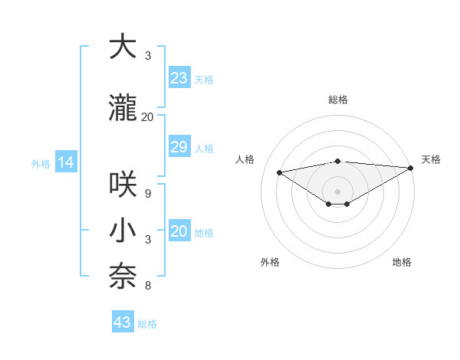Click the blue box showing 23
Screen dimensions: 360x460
[x=179, y=78]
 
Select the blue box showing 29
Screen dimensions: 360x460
[x=179, y=147]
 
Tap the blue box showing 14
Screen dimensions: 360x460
[x=65, y=162]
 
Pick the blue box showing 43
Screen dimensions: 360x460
[x=123, y=322]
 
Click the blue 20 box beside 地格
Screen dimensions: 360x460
[x=179, y=232]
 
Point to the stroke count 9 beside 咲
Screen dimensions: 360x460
[x=147, y=193]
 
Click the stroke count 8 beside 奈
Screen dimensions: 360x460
[x=147, y=286]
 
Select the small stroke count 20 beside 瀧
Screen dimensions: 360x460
[x=148, y=116]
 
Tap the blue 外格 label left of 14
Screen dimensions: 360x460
[x=41, y=163]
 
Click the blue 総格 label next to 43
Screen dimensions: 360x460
[x=147, y=323]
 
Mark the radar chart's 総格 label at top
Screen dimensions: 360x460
[x=337, y=100]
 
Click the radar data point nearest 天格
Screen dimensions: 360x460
[x=412, y=168]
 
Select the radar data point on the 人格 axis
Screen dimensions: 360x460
[x=279, y=172]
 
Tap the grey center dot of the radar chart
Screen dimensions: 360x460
[x=337, y=190]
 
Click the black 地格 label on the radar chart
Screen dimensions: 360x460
[x=402, y=262]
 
